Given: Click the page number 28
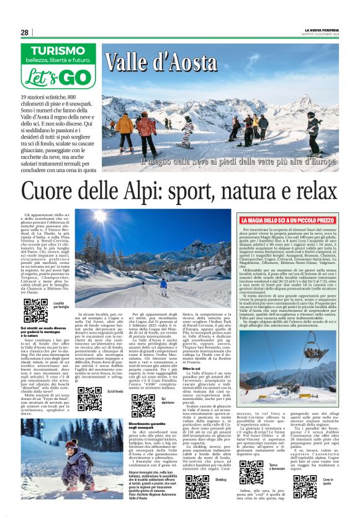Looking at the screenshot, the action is pyautogui.click(x=24, y=32).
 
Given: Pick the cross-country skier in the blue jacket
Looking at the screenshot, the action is pyautogui.click(x=163, y=286).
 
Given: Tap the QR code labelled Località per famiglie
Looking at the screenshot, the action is pyautogui.click(x=35, y=310).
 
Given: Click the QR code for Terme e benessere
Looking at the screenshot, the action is pyautogui.click(x=251, y=471).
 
